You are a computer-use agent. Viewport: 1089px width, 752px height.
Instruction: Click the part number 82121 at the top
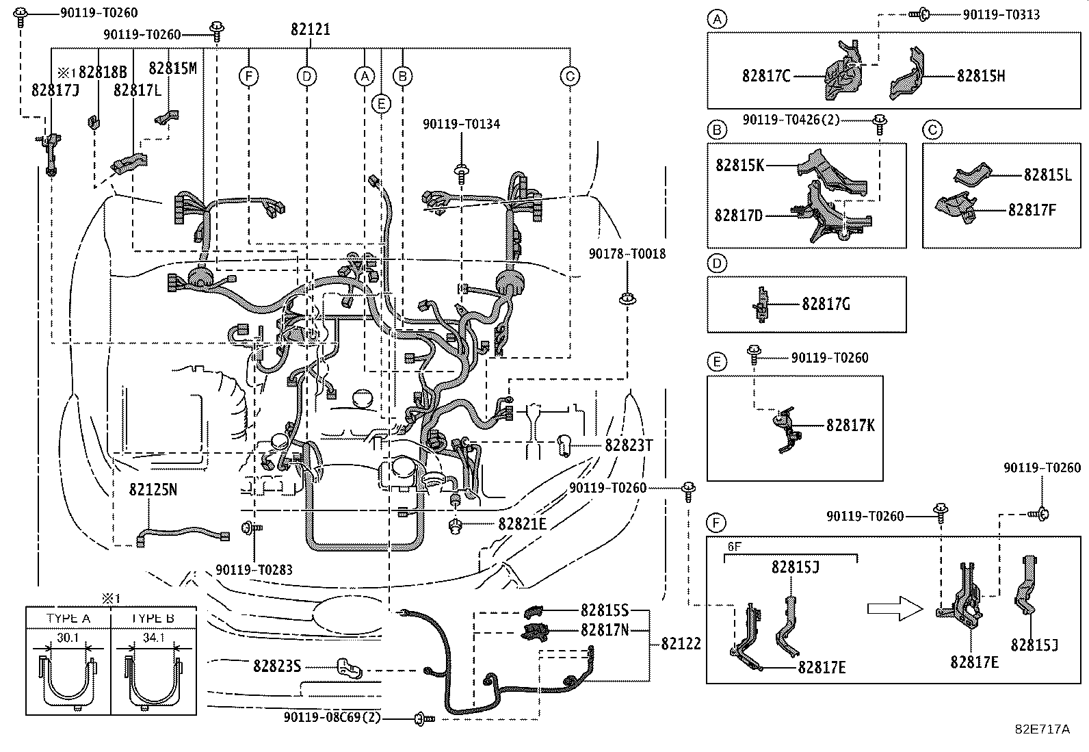(311, 29)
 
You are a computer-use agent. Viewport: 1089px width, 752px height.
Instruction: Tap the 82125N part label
(153, 490)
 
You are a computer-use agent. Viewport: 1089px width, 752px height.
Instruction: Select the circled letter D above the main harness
(307, 76)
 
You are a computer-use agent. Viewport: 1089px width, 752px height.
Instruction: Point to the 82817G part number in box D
(826, 304)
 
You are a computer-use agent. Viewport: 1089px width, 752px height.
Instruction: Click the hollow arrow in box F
(895, 608)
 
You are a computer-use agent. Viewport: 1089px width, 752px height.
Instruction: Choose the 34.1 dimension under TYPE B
(154, 638)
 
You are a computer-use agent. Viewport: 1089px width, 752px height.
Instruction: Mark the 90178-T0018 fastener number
(627, 254)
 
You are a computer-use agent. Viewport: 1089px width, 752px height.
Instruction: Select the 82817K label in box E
(850, 426)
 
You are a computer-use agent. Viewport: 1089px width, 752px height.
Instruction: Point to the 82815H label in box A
(981, 76)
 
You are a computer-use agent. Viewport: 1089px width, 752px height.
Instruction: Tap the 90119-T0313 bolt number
(1001, 14)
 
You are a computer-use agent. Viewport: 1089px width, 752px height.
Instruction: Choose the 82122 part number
(681, 644)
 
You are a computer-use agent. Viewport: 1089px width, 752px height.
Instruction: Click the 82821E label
(522, 524)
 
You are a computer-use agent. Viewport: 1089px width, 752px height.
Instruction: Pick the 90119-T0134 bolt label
(461, 125)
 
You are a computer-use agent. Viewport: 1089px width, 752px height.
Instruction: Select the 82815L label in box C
(1047, 174)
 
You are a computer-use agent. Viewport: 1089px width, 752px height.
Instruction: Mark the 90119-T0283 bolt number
(254, 569)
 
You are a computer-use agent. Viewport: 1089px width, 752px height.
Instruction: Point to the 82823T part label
(629, 445)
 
